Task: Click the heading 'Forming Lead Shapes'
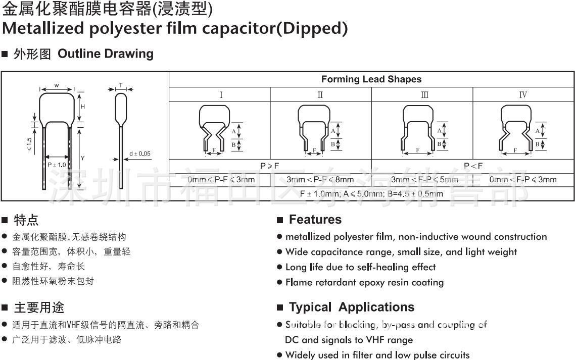(371, 79)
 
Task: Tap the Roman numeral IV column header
(523, 94)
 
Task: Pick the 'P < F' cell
(473, 166)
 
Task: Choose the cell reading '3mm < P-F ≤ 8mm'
(320, 179)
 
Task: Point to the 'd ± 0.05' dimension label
(139, 154)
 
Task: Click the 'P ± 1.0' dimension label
(57, 165)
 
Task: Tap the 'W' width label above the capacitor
(57, 85)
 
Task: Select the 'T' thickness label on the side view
(120, 85)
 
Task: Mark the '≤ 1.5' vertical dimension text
(29, 144)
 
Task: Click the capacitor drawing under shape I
(213, 129)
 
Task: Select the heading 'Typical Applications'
(351, 307)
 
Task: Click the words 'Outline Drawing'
(106, 54)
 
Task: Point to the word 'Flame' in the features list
(299, 282)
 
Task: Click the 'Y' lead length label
(83, 158)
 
